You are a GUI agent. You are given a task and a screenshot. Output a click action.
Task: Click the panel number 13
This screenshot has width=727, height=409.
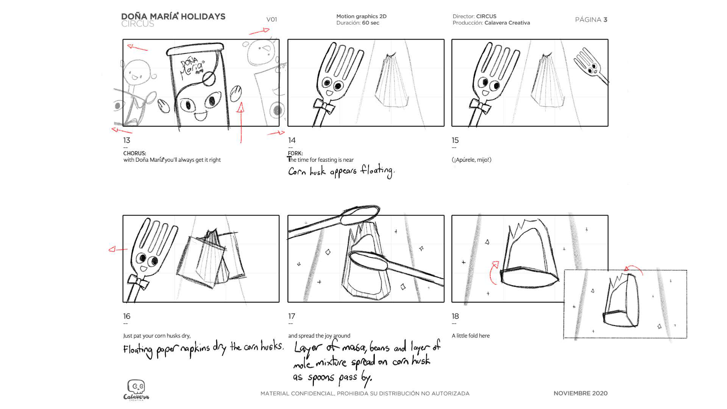coord(126,140)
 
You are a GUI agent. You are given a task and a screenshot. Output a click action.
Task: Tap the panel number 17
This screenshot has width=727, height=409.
coord(292,316)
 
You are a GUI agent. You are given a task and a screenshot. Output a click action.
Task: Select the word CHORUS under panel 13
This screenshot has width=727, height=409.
coord(134,153)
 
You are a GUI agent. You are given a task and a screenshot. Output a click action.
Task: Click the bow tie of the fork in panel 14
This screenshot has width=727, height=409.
coord(324,106)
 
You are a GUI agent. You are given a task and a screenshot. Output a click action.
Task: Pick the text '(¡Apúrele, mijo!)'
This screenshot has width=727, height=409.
coord(471,160)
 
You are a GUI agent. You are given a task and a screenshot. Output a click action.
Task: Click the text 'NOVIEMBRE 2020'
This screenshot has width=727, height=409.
coord(580,393)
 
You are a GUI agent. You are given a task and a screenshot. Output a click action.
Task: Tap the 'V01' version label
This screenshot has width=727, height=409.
coord(271,19)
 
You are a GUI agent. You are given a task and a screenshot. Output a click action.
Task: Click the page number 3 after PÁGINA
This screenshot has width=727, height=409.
coord(605,20)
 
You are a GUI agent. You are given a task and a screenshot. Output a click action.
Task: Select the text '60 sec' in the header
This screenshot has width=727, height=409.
coord(370,23)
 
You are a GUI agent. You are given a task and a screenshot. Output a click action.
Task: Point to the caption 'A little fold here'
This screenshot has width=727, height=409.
coord(471,336)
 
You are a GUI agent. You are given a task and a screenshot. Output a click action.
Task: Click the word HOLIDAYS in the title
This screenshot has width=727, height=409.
coord(203,16)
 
